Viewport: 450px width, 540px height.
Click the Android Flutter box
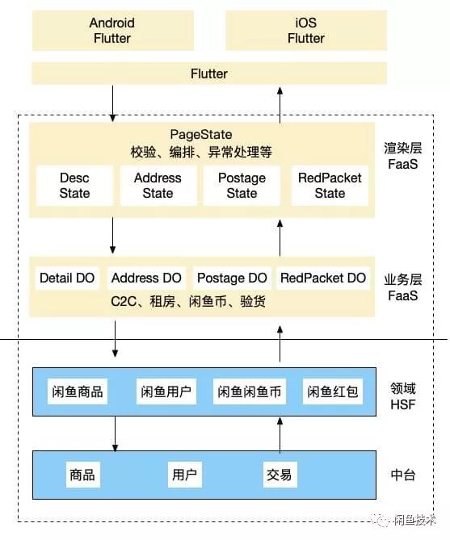point(111,30)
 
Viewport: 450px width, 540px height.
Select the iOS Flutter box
point(305,30)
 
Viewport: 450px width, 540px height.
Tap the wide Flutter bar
point(208,73)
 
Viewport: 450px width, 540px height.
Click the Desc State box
point(74,185)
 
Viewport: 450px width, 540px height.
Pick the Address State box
point(158,185)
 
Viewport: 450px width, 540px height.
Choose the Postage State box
point(242,185)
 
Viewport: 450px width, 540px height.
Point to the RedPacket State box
point(330,185)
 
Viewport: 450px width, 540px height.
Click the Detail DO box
point(67,278)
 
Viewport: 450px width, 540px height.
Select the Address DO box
point(146,278)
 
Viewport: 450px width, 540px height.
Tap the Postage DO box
point(232,278)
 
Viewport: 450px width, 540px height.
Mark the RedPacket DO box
point(322,278)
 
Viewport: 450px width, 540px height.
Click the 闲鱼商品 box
point(76,392)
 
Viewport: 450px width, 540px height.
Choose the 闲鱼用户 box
point(166,392)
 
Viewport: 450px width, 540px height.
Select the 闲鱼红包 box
point(332,392)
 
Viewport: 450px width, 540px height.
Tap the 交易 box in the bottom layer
point(278,474)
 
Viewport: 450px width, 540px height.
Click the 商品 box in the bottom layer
point(82,474)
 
